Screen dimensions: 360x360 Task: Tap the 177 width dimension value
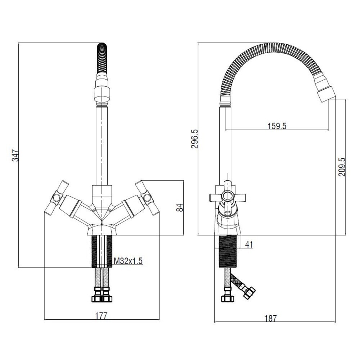102,316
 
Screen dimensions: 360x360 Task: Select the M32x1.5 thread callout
128,261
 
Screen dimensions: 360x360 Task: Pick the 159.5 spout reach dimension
277,126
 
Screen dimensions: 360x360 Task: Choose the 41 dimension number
248,244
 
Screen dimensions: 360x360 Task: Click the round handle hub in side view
227,197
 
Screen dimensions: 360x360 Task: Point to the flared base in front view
102,229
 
